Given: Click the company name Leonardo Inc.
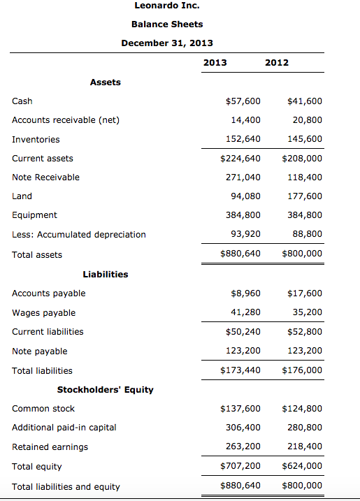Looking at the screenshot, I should click(x=167, y=6).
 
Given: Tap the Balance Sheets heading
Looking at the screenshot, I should click(x=167, y=24).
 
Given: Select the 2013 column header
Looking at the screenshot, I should click(x=215, y=63).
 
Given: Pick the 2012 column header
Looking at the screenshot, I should click(x=277, y=63).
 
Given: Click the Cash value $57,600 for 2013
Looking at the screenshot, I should click(x=243, y=101).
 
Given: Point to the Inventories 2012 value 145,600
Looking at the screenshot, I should click(x=305, y=139).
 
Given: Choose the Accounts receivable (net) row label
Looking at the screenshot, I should click(x=66, y=120).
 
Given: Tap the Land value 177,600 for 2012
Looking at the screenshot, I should click(x=305, y=196).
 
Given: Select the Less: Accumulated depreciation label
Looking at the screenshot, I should click(x=79, y=235).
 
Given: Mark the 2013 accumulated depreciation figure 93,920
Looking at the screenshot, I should click(x=245, y=235).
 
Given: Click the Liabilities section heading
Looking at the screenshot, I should click(x=106, y=274).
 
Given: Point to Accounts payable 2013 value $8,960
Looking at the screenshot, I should click(x=245, y=293).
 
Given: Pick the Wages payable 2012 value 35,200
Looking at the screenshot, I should click(x=307, y=313).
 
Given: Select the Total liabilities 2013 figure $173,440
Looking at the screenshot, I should click(x=240, y=370).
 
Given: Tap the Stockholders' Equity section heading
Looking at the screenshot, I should click(x=106, y=390).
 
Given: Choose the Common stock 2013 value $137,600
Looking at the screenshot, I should click(x=240, y=409).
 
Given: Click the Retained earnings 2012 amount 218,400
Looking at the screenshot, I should click(x=305, y=446).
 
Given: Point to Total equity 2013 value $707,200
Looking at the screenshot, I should click(x=240, y=466).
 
